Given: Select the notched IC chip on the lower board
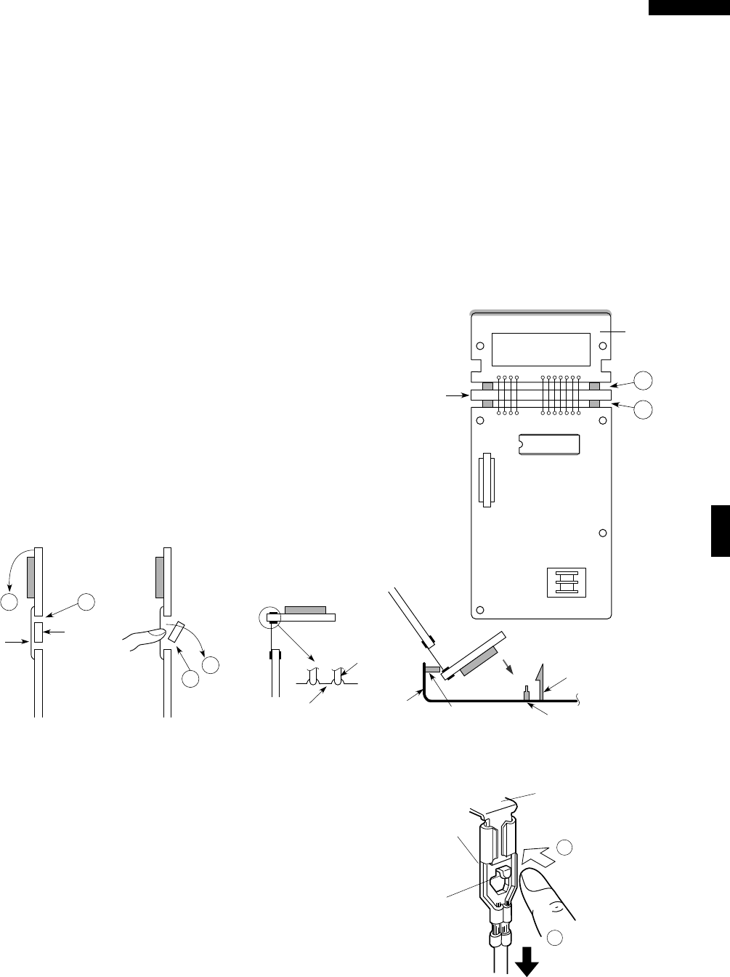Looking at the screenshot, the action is [x=549, y=444].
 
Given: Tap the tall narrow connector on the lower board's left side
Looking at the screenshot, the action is [x=486, y=481].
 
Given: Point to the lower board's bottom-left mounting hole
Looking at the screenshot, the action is [x=479, y=609].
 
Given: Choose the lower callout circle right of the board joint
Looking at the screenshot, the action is [x=642, y=409].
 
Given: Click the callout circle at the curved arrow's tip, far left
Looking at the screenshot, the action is [x=9, y=603].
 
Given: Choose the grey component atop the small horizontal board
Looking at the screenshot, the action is [x=306, y=608].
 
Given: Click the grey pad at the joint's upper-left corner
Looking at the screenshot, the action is [x=488, y=386].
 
